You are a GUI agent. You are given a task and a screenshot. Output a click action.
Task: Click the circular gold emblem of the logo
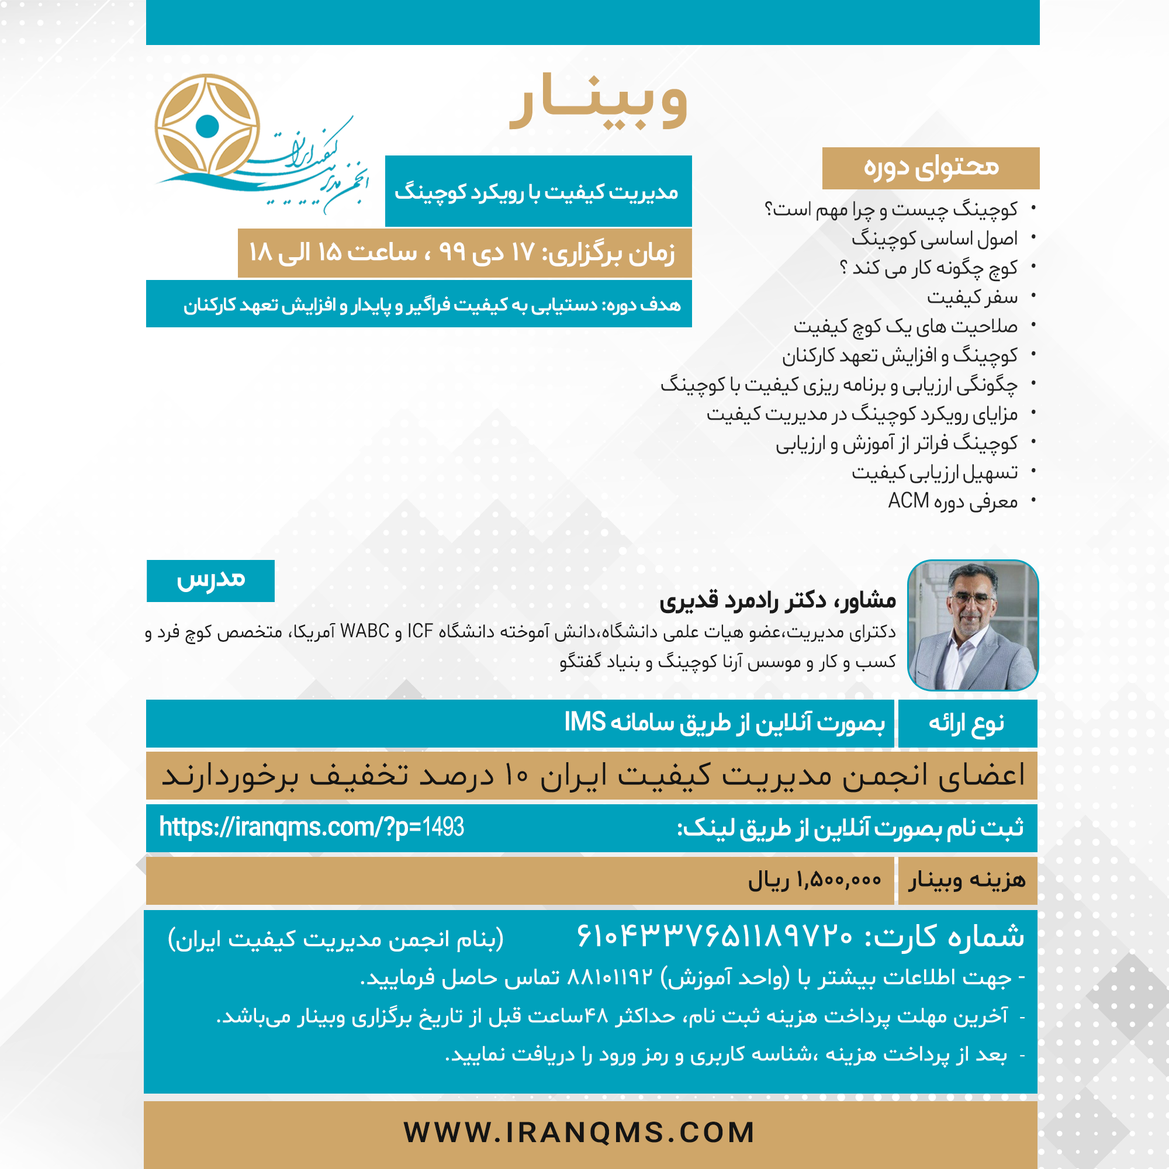[207, 126]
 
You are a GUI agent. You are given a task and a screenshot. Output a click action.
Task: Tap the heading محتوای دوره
[931, 168]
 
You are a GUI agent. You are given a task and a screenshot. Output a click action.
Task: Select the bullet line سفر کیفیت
[972, 297]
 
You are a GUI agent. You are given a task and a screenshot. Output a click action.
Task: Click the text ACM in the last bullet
[908, 501]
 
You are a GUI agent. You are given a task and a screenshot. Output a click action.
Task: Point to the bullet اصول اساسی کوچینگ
[934, 238]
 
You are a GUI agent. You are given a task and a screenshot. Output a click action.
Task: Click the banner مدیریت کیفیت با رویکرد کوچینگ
[537, 192]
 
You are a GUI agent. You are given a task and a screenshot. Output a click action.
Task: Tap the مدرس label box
[210, 580]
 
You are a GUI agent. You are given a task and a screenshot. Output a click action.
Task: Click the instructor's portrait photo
[973, 625]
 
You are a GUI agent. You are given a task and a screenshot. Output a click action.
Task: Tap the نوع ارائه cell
[967, 723]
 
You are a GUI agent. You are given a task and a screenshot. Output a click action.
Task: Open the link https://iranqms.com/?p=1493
[311, 827]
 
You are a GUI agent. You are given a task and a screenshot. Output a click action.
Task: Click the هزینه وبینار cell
[967, 880]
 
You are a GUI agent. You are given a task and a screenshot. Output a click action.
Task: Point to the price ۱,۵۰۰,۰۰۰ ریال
[814, 880]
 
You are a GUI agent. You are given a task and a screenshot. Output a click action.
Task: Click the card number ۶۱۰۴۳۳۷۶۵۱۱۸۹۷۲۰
[715, 936]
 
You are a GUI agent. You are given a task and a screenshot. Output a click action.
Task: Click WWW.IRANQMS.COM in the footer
[579, 1133]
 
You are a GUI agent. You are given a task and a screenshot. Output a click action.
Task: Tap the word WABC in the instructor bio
[365, 631]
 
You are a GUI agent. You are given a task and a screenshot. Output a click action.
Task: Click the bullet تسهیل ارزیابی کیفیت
[934, 472]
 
